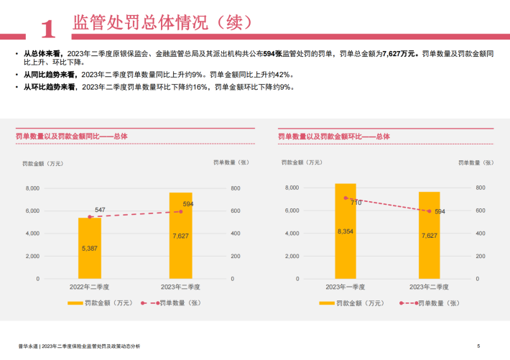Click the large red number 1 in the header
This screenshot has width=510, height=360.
click(x=48, y=28)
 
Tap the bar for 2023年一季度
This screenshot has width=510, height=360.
click(x=346, y=231)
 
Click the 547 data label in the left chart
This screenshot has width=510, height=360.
click(x=100, y=210)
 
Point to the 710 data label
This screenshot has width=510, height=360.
click(x=355, y=203)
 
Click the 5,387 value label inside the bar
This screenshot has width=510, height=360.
click(x=90, y=249)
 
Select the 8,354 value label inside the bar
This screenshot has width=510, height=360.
click(x=346, y=231)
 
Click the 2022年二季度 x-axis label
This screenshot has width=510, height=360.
click(x=90, y=287)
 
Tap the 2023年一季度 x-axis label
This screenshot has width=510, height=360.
click(x=346, y=287)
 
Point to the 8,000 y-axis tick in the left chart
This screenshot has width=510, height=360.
click(x=32, y=188)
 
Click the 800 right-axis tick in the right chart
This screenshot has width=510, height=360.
click(x=481, y=188)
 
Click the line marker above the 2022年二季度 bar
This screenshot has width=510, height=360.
click(x=90, y=217)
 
